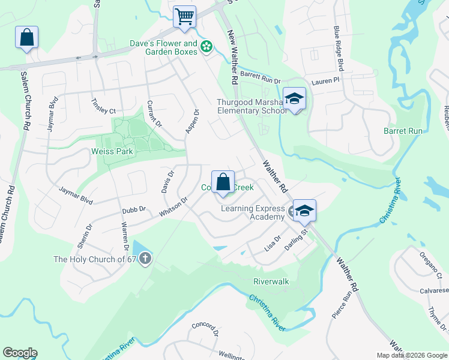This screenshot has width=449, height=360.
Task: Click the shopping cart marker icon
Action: (184, 16)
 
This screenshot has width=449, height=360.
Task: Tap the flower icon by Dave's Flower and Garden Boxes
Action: (206, 46)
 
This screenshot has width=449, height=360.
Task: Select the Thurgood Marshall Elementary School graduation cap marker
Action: (295, 98)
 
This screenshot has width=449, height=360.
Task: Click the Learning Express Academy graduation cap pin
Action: (304, 211)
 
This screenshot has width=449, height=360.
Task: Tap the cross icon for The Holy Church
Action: (145, 259)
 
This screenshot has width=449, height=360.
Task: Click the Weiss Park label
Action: (111, 151)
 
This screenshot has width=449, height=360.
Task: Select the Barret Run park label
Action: (403, 131)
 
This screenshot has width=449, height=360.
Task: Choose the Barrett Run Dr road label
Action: (261, 77)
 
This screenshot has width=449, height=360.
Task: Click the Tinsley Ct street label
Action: (104, 106)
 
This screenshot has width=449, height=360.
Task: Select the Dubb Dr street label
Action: (134, 209)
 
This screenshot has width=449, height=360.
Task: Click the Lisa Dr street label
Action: (273, 243)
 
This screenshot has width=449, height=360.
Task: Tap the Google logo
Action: (20, 353)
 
